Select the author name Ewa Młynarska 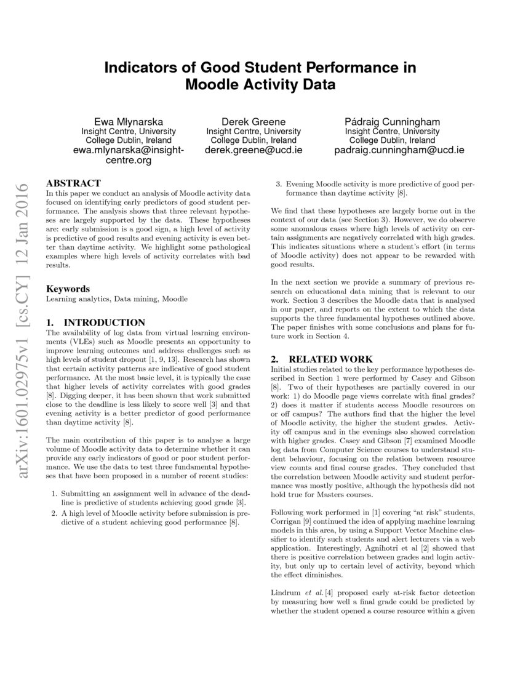129,121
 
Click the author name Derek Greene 254,121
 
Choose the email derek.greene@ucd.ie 254,150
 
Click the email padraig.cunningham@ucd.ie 399,150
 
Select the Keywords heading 68,289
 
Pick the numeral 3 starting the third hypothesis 277,183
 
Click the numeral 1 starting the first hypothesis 54,494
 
